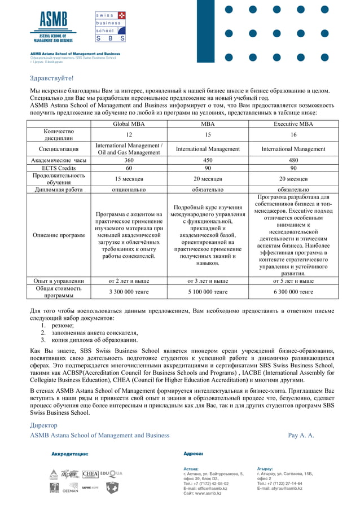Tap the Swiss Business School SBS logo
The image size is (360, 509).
pyautogui.click(x=110, y=27)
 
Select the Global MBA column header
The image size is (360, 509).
pyautogui.click(x=129, y=124)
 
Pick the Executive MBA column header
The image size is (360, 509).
pyautogui.click(x=293, y=124)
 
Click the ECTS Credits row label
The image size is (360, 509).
pyautogui.click(x=59, y=168)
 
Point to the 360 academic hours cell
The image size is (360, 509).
pyautogui.click(x=129, y=160)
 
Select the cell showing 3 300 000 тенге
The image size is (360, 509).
pyautogui.click(x=129, y=292)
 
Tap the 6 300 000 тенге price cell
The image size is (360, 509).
pyautogui.click(x=293, y=292)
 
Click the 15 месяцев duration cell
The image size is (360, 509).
pyautogui.click(x=129, y=178)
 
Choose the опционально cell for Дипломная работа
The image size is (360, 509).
pyautogui.click(x=129, y=190)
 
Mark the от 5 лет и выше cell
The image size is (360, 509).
pyautogui.click(x=293, y=280)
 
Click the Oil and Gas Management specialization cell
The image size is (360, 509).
pyautogui.click(x=129, y=149)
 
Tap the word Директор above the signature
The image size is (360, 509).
pyautogui.click(x=44, y=425)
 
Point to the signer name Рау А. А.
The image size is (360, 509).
pyautogui.click(x=301, y=435)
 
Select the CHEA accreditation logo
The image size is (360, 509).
pyautogui.click(x=90, y=474)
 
